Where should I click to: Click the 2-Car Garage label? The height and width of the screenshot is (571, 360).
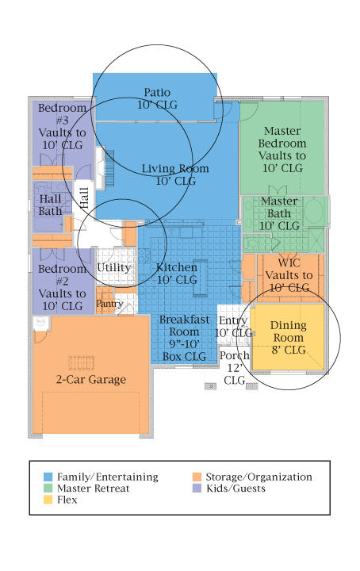point(91,379)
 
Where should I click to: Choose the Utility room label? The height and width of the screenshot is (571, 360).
point(113,268)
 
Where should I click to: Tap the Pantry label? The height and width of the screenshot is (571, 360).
point(109,304)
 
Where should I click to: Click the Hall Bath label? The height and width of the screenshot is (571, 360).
point(50,205)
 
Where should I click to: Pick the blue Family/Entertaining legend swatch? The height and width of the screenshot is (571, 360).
point(48,477)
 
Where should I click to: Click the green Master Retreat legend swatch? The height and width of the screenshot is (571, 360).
point(48,488)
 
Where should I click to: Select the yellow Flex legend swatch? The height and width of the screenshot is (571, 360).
point(48,500)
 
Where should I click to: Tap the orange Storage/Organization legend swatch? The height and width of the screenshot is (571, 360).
point(197,477)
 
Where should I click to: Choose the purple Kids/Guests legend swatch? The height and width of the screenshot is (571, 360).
point(197,488)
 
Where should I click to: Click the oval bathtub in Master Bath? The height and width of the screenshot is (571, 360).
point(315,211)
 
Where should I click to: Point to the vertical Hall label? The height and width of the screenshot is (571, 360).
point(84,197)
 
